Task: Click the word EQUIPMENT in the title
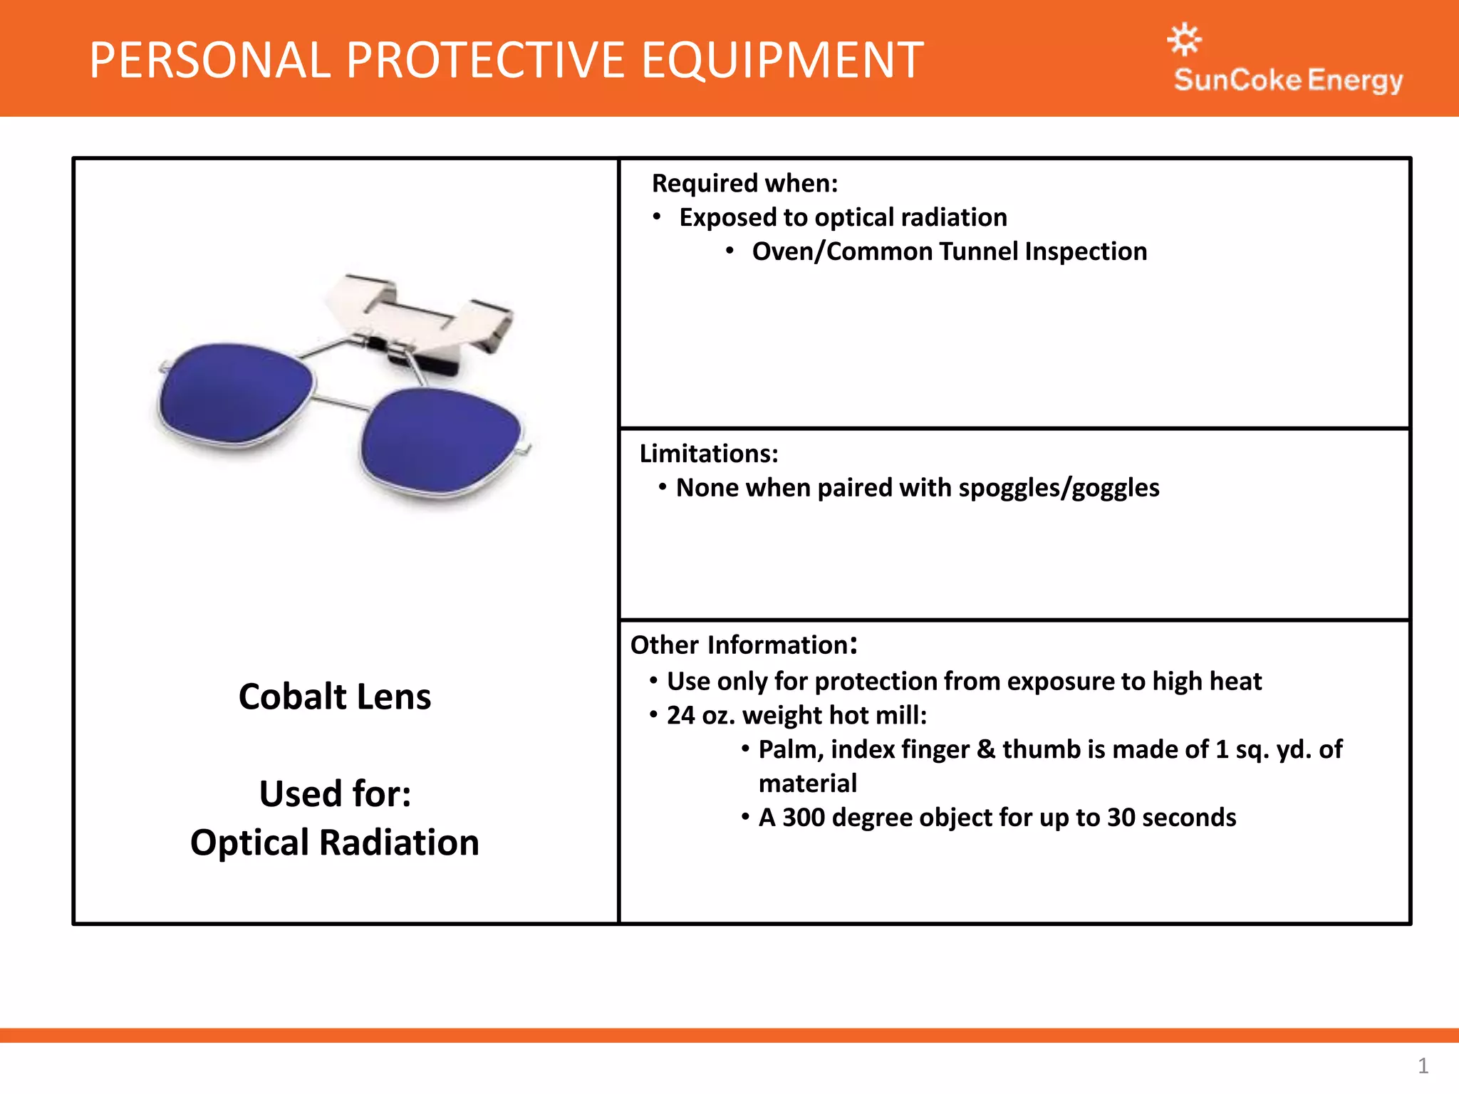(x=782, y=61)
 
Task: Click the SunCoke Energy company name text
(x=1288, y=80)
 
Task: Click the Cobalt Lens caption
(x=334, y=697)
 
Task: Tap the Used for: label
(x=335, y=793)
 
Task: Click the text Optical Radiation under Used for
(x=334, y=843)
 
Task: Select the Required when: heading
(x=744, y=184)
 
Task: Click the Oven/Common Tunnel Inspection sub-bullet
(x=949, y=251)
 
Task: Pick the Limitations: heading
(x=708, y=454)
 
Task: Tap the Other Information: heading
(x=743, y=645)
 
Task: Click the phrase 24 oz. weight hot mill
(x=796, y=715)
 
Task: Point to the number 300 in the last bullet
(x=803, y=818)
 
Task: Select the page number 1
(x=1423, y=1066)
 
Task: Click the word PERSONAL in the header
(x=210, y=61)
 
